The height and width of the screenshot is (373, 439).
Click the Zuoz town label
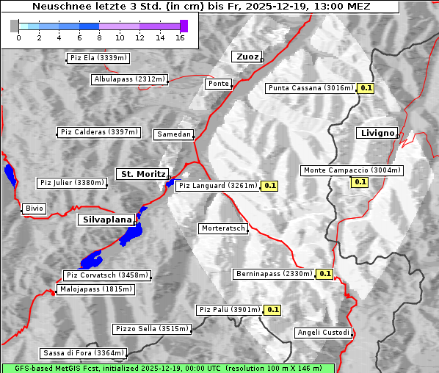click(245, 57)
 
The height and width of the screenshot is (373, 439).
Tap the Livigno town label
click(377, 133)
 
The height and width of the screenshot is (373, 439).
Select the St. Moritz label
click(142, 174)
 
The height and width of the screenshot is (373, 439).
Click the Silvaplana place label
click(106, 220)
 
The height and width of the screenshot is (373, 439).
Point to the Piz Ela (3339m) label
click(98, 58)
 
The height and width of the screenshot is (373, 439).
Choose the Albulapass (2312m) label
click(129, 79)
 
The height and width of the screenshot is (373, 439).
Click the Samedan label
click(173, 134)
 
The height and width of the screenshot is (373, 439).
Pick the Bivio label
click(35, 209)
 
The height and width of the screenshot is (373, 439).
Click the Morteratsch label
click(223, 228)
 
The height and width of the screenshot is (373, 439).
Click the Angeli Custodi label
click(324, 333)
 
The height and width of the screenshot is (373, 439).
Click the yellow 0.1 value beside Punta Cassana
click(366, 88)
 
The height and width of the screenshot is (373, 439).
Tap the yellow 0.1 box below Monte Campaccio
click(360, 181)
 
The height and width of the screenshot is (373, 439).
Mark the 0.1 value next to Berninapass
click(325, 274)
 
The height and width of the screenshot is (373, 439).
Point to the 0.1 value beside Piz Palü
click(273, 310)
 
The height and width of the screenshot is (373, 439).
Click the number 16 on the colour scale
click(180, 37)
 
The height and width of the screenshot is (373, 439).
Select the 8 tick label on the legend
click(99, 37)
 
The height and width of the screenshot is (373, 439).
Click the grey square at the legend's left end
click(15, 26)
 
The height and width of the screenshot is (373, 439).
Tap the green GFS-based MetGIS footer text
click(167, 368)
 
